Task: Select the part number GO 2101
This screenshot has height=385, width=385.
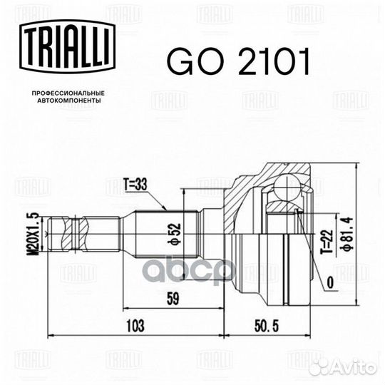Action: (238, 63)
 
